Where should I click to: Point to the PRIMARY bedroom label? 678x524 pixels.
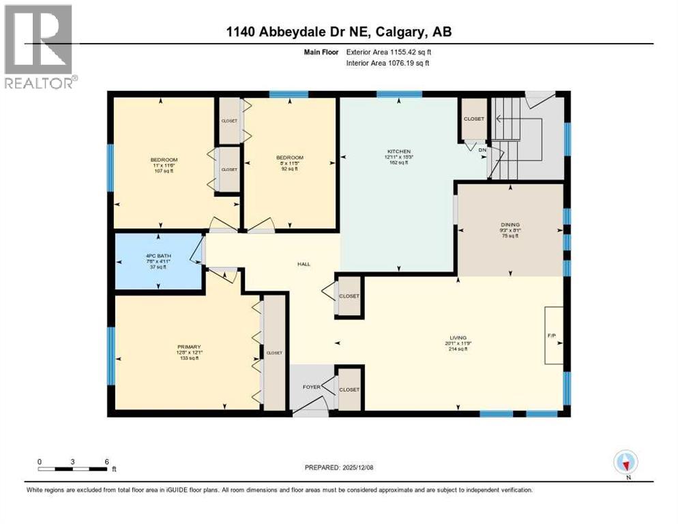pos(187,347)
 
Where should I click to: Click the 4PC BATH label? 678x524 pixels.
pos(158,256)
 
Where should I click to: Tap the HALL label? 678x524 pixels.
pos(304,264)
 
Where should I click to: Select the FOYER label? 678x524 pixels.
pos(311,386)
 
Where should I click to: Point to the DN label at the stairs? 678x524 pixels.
pos(483,149)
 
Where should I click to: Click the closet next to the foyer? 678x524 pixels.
pos(349,389)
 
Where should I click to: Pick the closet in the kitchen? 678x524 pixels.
pos(473,119)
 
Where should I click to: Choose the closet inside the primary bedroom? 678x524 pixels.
pos(274,353)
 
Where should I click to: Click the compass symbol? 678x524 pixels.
pos(625,463)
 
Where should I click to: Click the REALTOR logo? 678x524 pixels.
pos(39,46)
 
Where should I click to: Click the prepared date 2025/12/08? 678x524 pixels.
pos(344,467)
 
